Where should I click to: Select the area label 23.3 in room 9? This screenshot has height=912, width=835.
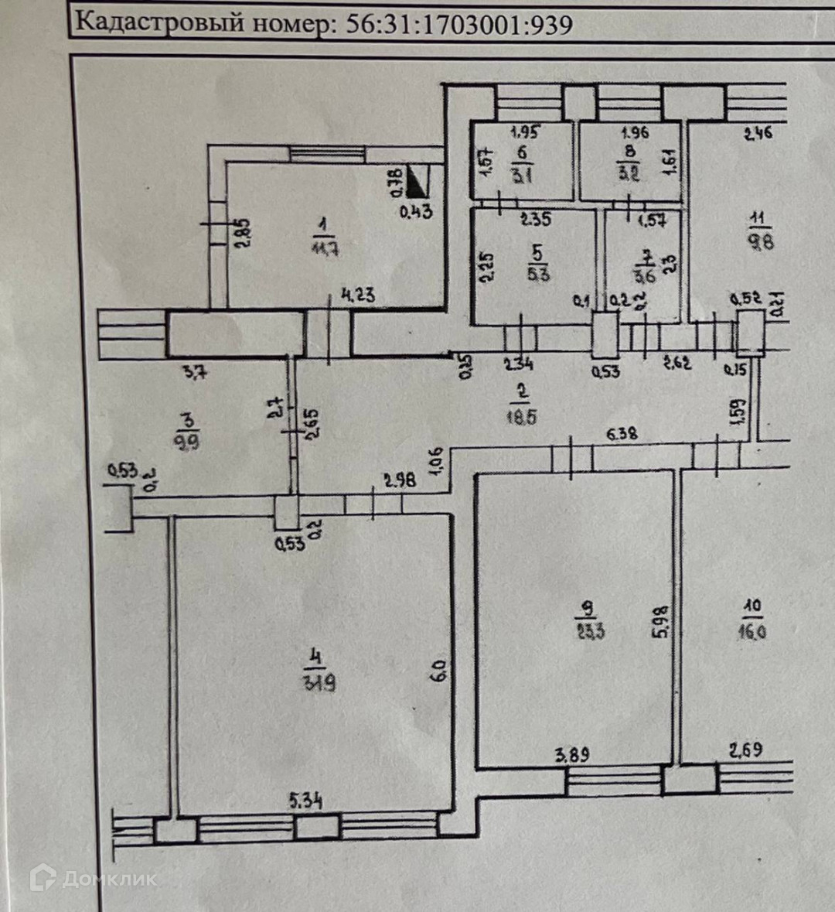pos(590,630)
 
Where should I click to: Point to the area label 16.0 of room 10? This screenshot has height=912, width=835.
pos(751,630)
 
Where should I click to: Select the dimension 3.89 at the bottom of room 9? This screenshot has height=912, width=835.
pos(572,753)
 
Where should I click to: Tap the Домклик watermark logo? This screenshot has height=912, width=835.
pos(93,878)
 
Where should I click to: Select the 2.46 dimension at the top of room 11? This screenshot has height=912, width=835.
pos(758,133)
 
